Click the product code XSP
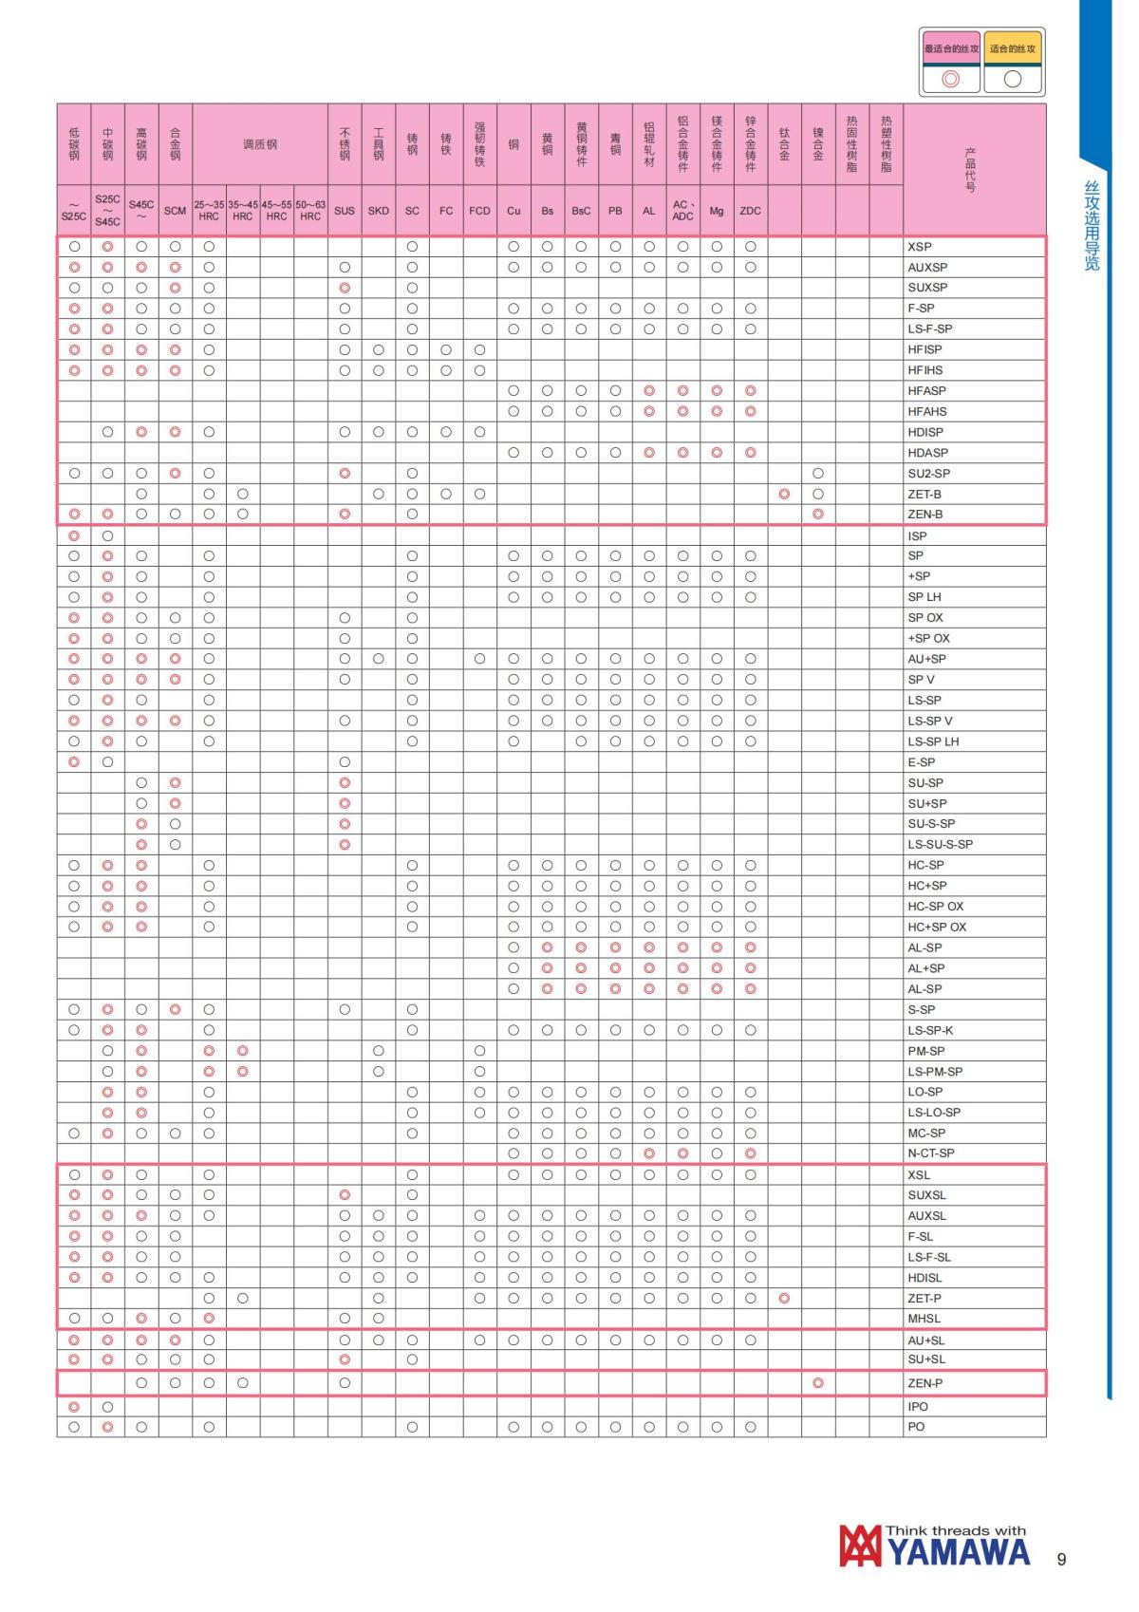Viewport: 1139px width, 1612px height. click(x=919, y=247)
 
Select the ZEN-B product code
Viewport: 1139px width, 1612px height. click(x=924, y=515)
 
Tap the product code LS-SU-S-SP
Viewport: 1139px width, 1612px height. click(x=940, y=844)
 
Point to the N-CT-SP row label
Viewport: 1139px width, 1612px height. click(x=930, y=1153)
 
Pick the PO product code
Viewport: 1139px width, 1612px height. click(x=916, y=1427)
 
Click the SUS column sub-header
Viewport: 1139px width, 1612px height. click(x=345, y=211)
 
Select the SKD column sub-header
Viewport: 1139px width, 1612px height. click(x=378, y=211)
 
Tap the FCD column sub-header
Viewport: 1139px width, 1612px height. click(x=479, y=211)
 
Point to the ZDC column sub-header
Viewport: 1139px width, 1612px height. click(x=750, y=211)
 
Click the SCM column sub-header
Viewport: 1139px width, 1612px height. click(x=175, y=211)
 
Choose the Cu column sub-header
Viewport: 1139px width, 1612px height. click(x=513, y=211)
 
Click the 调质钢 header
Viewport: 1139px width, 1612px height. click(x=259, y=144)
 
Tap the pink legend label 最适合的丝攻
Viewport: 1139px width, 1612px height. click(x=951, y=48)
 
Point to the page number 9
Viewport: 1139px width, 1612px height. click(x=1061, y=1559)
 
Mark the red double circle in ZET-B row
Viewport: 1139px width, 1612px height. click(x=784, y=494)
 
